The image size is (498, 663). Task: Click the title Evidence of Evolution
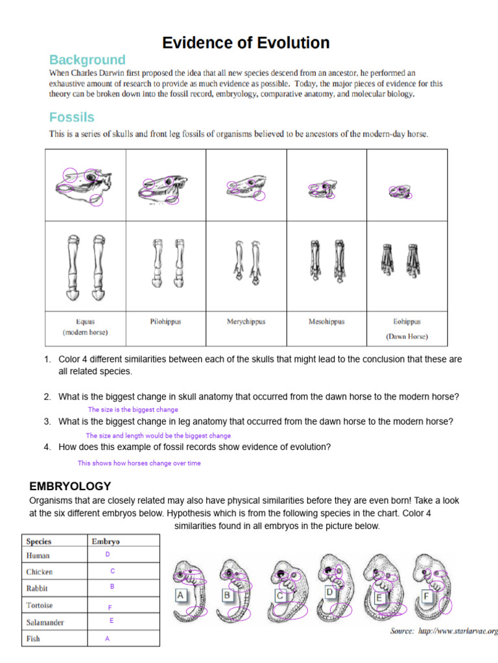click(x=246, y=43)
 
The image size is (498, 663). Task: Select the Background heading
click(x=87, y=60)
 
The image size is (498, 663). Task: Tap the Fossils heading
click(x=71, y=117)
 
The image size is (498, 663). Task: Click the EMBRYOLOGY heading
click(x=71, y=486)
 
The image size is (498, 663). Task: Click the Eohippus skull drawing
click(x=401, y=192)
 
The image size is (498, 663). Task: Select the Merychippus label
click(x=246, y=321)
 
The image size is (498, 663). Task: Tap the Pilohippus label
click(x=165, y=321)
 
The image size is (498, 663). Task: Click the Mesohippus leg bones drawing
click(x=326, y=260)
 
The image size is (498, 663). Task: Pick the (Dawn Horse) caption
click(x=407, y=337)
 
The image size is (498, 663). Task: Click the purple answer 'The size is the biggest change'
click(x=133, y=410)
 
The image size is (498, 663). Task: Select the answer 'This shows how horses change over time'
click(x=139, y=464)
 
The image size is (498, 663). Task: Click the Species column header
click(x=39, y=541)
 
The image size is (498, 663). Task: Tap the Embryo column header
click(x=106, y=541)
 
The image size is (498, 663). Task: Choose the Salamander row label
click(x=45, y=622)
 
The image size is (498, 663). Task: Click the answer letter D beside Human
click(x=108, y=555)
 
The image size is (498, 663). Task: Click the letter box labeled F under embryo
click(x=426, y=595)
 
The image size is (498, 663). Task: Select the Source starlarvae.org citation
click(x=444, y=631)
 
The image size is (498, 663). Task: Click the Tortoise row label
click(x=40, y=605)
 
